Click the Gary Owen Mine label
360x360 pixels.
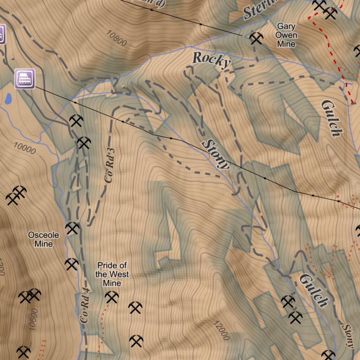(286, 35)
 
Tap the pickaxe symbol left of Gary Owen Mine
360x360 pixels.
(256, 38)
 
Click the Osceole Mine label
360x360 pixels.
(44, 239)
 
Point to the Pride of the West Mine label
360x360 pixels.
(112, 274)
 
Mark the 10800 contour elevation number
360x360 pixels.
(116, 38)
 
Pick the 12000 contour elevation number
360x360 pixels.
(221, 330)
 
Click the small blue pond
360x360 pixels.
(8, 99)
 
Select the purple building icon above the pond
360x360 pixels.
(25, 78)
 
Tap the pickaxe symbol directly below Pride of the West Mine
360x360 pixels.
(112, 297)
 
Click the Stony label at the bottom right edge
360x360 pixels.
(347, 336)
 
